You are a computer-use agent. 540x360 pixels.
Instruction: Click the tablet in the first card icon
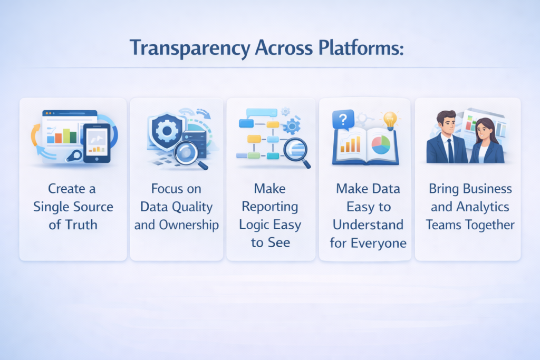pos(97,143)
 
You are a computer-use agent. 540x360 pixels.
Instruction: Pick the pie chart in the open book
pos(381,144)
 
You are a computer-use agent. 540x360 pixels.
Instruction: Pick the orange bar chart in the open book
pos(350,144)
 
